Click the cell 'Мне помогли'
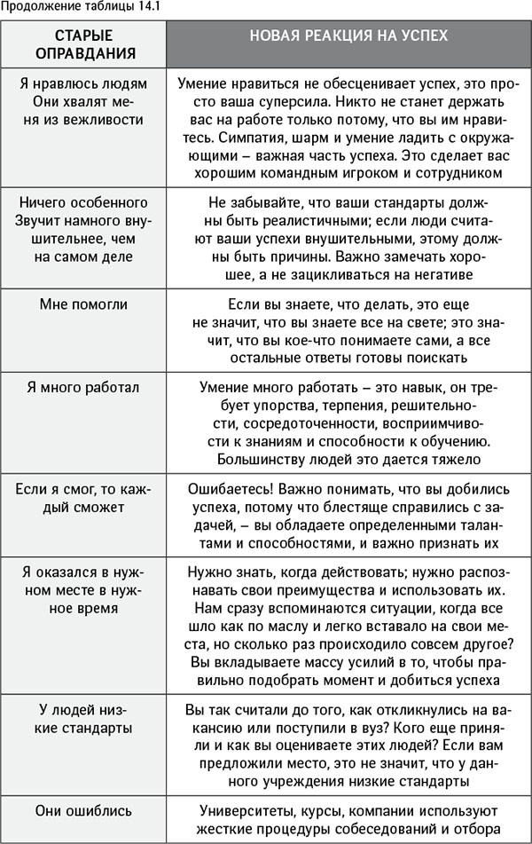pos(83,304)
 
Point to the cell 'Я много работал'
pos(83,388)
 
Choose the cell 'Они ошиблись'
pos(83,810)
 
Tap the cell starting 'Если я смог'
pos(83,497)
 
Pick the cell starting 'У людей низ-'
pos(83,719)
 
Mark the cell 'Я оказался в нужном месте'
pos(83,590)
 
